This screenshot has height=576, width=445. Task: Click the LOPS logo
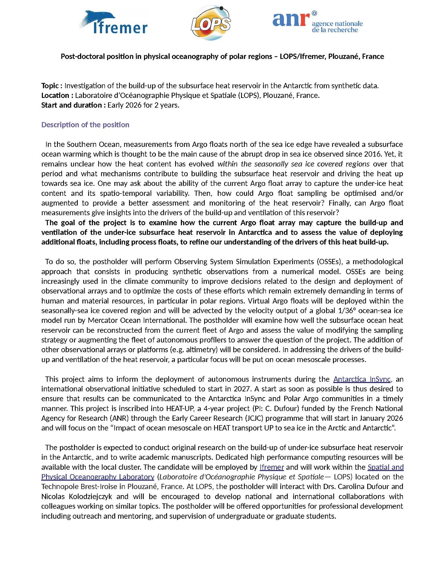click(x=211, y=23)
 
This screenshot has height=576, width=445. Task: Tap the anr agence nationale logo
click(x=317, y=22)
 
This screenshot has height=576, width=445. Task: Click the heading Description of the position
click(x=85, y=125)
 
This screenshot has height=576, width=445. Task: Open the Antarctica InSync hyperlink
click(x=362, y=379)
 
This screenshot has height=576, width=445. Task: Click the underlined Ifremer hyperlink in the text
click(x=272, y=467)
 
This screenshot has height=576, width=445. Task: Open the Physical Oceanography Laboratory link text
click(x=98, y=477)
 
